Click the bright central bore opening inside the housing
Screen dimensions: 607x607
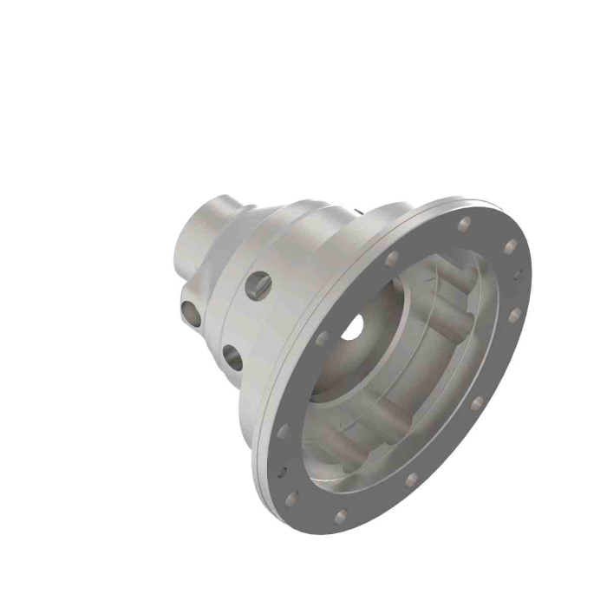(353, 327)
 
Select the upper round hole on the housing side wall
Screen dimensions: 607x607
(258, 284)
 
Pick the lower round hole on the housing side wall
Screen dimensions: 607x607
(232, 356)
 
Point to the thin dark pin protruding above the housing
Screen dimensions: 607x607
(357, 209)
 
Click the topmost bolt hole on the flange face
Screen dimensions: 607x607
(466, 224)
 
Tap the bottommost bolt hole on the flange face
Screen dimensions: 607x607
(341, 517)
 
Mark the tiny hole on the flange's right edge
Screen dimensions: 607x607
(519, 274)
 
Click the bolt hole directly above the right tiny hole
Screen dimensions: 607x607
(510, 245)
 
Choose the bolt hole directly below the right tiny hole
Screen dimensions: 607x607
(513, 315)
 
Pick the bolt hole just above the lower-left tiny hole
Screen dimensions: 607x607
(284, 431)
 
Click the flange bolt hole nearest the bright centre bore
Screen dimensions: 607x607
(322, 338)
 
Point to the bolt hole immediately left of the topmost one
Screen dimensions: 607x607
(391, 258)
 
